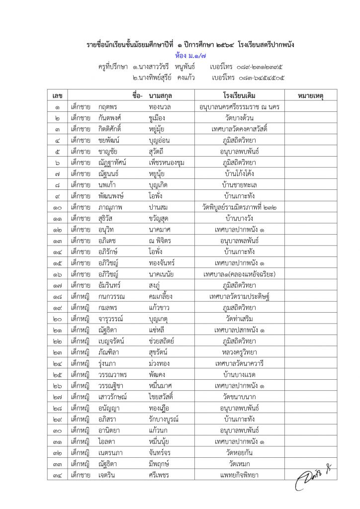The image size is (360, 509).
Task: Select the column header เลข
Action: [x=58, y=94]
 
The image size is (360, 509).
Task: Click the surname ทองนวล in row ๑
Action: [x=160, y=106]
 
